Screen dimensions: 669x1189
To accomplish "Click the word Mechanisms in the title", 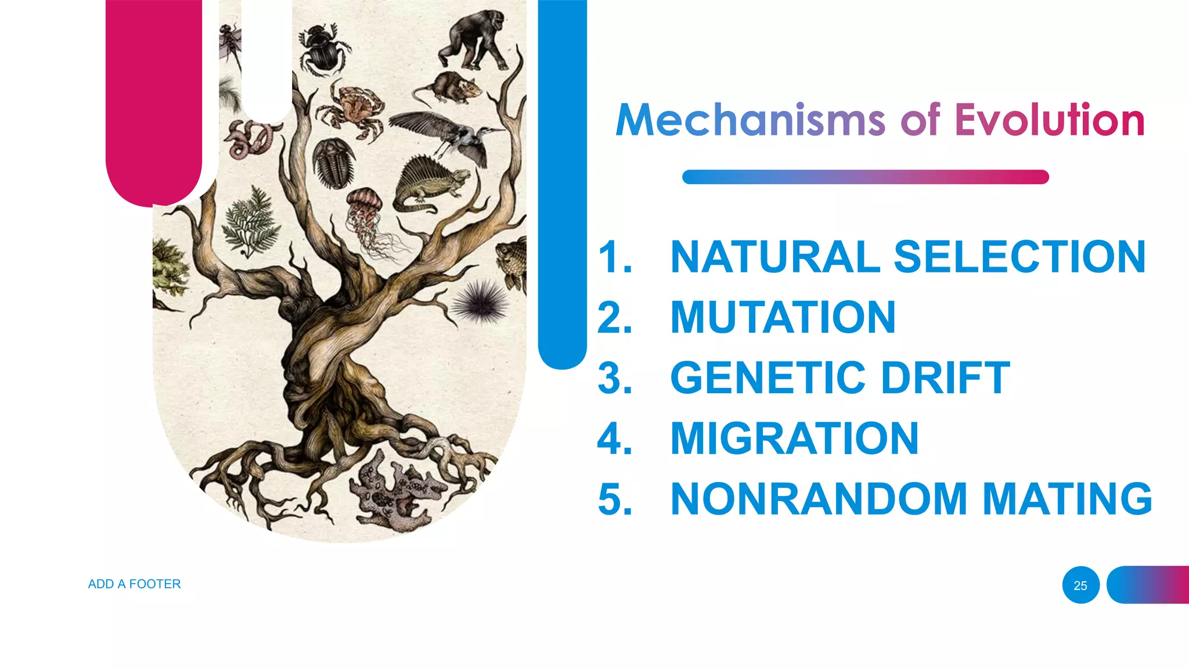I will coord(750,120).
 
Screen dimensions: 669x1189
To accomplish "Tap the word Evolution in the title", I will coord(1049,120).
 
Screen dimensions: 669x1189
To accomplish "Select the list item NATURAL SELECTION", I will coord(907,257).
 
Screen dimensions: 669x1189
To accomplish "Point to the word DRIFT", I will coord(945,378).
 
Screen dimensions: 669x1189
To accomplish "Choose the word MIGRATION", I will coord(794,438).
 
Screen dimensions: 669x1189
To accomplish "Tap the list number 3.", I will coord(614,378).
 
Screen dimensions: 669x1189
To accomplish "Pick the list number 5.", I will coord(614,499).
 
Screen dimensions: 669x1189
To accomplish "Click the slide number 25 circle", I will coord(1080,585).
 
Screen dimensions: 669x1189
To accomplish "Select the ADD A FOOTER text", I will coord(134,584).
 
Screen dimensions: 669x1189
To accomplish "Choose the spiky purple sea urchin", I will coord(480,302).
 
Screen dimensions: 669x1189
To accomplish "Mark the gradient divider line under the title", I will coord(865,177).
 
